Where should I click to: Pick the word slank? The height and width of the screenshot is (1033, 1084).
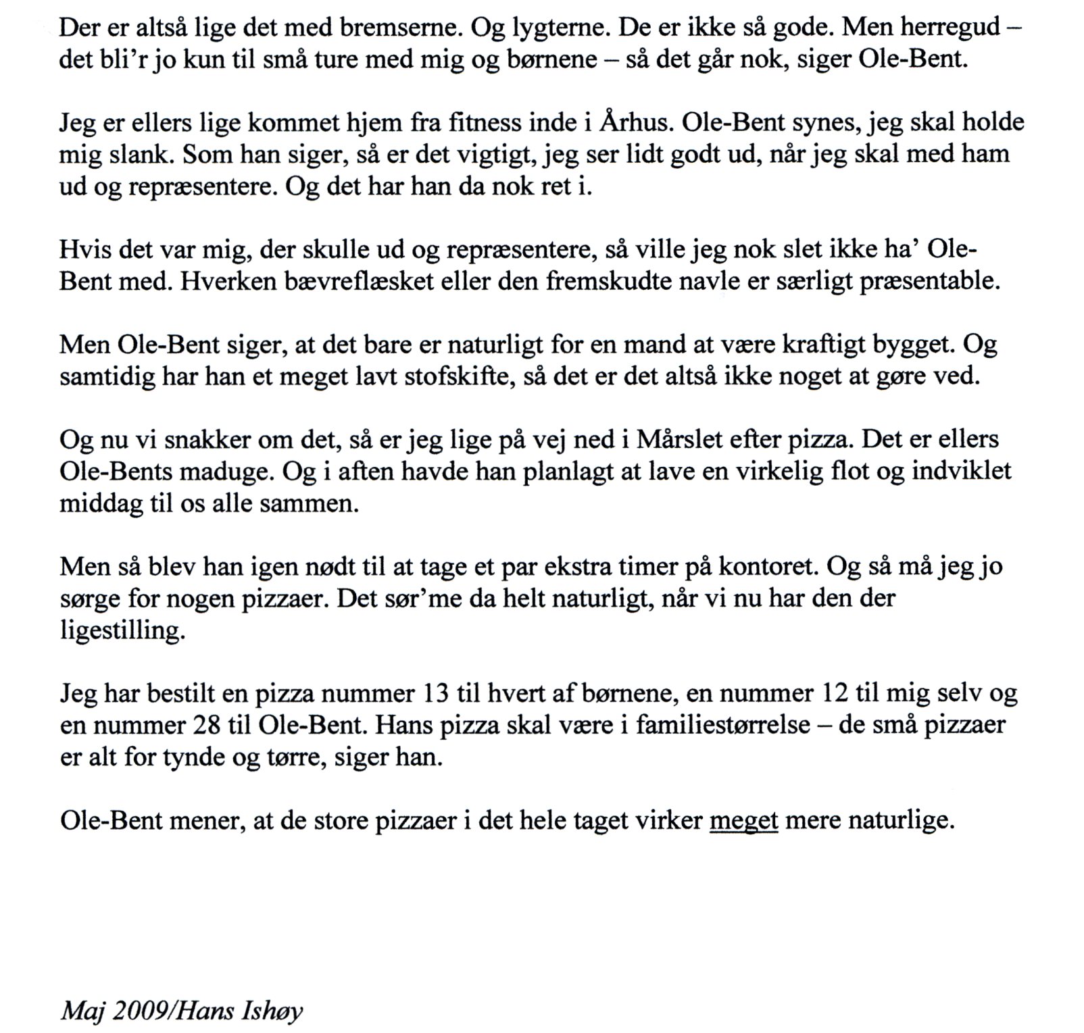pyautogui.click(x=143, y=154)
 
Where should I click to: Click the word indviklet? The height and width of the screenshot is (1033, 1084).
pyautogui.click(x=962, y=471)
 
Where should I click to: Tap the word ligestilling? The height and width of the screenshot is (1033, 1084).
pyautogui.click(x=122, y=630)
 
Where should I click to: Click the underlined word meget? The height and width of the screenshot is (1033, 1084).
pyautogui.click(x=744, y=822)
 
